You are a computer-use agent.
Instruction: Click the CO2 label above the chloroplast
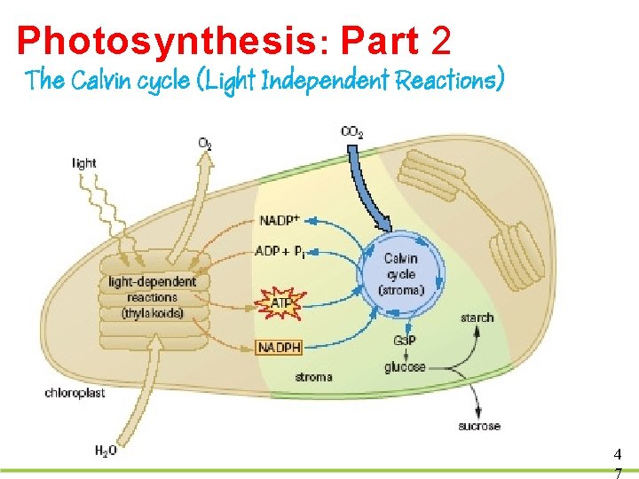coord(351,132)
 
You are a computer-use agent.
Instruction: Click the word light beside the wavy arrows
coord(84,163)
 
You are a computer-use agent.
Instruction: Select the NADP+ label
coord(280,220)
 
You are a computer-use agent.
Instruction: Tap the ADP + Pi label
coord(283,251)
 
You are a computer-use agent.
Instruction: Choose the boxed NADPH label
coord(280,347)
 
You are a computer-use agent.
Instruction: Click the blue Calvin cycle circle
coord(400,272)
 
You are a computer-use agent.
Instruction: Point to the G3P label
coord(403,342)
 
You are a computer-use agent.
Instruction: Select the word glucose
coord(405,366)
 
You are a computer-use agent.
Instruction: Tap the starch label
coord(477,318)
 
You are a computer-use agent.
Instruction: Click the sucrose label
coord(479,426)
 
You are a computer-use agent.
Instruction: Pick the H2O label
coord(106,450)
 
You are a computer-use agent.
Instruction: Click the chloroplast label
coord(75,392)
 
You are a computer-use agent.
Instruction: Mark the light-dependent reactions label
coord(153,297)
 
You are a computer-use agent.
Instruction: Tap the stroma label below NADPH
coord(313,377)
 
